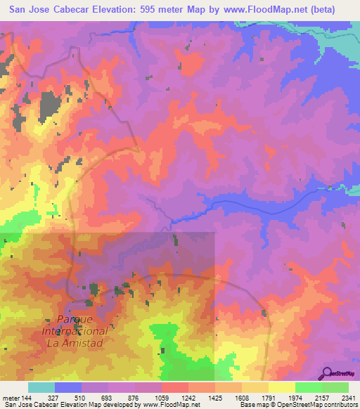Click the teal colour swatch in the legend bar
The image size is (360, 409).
[41, 388]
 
